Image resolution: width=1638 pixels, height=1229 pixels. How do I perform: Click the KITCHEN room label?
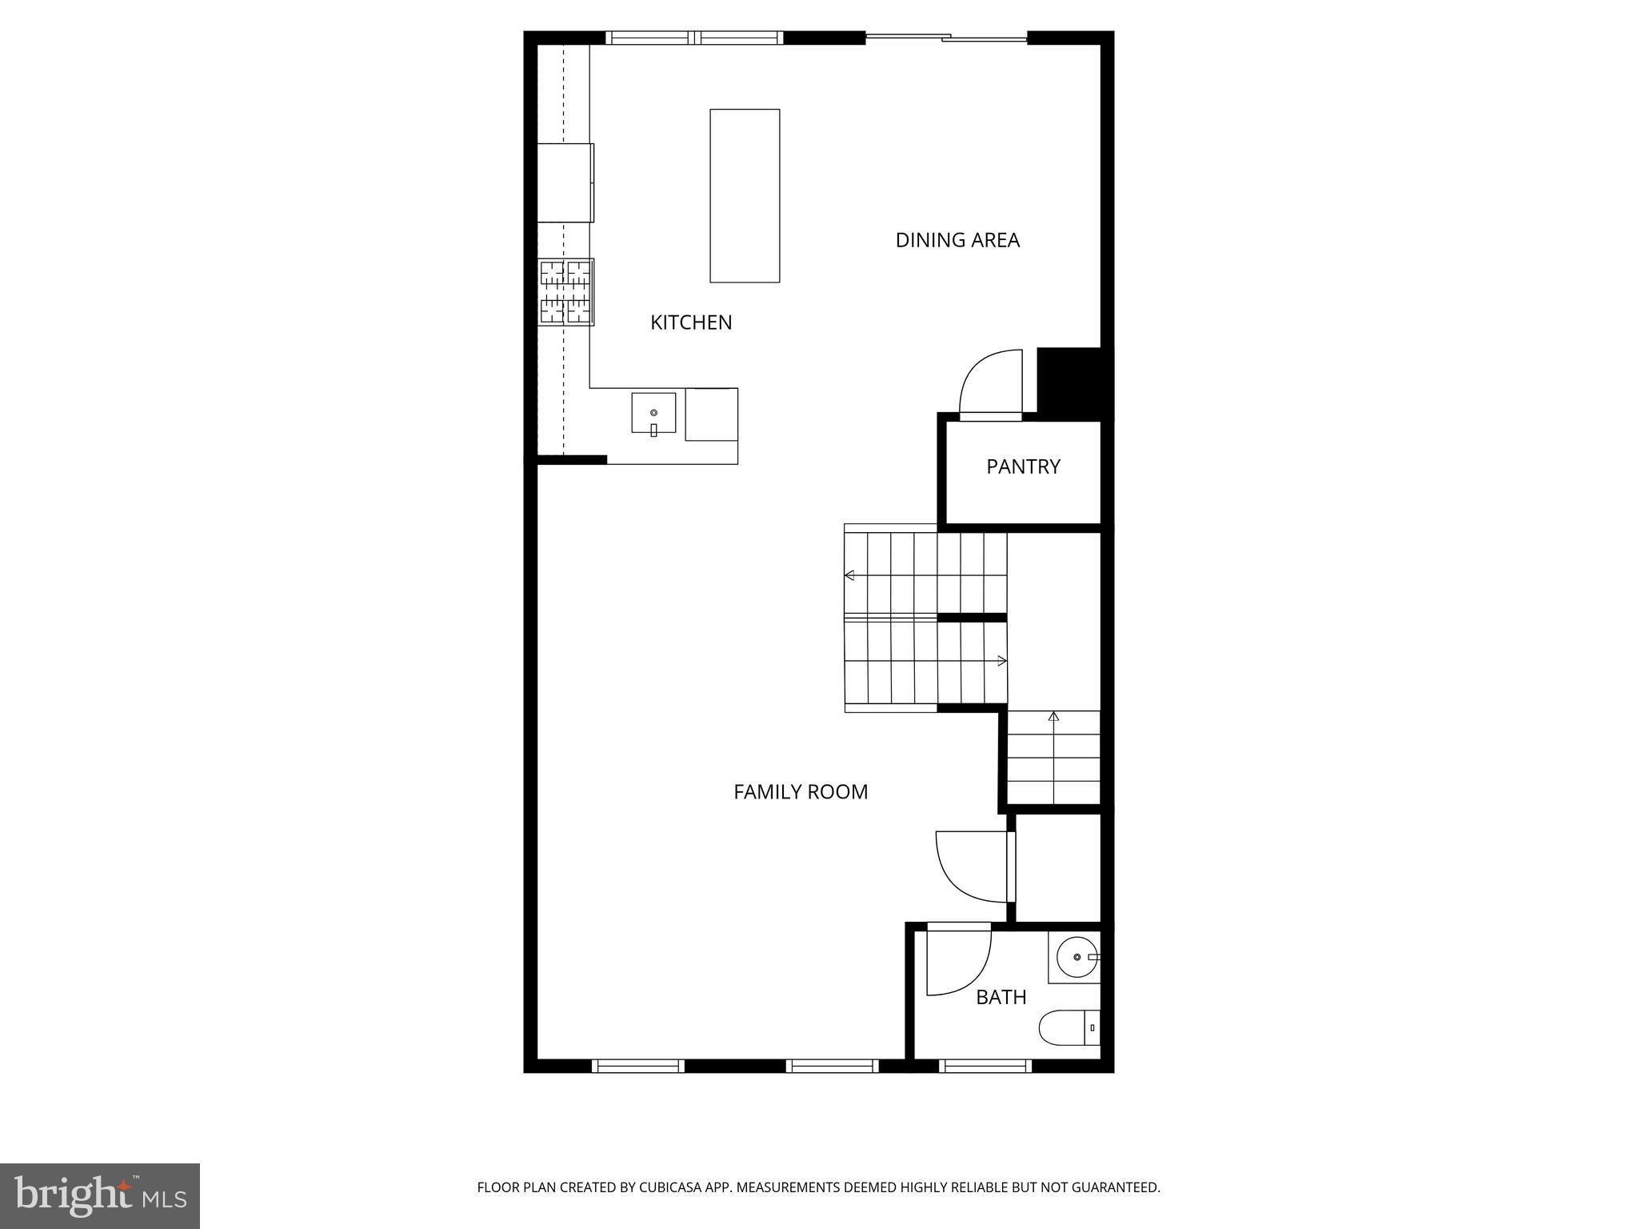pyautogui.click(x=691, y=322)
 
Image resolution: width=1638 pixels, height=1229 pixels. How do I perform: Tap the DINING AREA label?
pyautogui.click(x=957, y=240)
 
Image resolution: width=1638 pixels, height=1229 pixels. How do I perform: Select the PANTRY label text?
pyautogui.click(x=1023, y=466)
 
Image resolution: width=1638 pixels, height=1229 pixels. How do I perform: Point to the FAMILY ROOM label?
pyautogui.click(x=801, y=792)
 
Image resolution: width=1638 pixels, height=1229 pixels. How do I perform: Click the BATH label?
pyautogui.click(x=1001, y=997)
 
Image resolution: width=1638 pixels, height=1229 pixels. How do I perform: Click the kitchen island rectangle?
pyautogui.click(x=745, y=195)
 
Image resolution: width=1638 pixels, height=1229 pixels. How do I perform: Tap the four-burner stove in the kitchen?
pyautogui.click(x=566, y=292)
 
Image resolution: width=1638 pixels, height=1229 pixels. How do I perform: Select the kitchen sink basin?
pyautogui.click(x=653, y=414)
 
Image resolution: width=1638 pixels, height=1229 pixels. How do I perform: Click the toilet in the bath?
pyautogui.click(x=1069, y=1027)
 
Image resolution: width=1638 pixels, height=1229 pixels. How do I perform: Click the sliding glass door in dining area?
pyautogui.click(x=946, y=37)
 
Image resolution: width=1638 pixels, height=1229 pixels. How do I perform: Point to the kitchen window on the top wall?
pyautogui.click(x=694, y=38)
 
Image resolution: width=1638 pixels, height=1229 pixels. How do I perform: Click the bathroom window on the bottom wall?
pyautogui.click(x=985, y=1066)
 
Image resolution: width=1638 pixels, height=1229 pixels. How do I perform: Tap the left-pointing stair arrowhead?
pyautogui.click(x=849, y=575)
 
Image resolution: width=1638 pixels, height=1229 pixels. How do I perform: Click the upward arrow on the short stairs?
pyautogui.click(x=1053, y=717)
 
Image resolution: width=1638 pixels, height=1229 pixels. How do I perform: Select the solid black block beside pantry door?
pyautogui.click(x=1069, y=380)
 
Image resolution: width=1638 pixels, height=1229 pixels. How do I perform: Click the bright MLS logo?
pyautogui.click(x=100, y=1195)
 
